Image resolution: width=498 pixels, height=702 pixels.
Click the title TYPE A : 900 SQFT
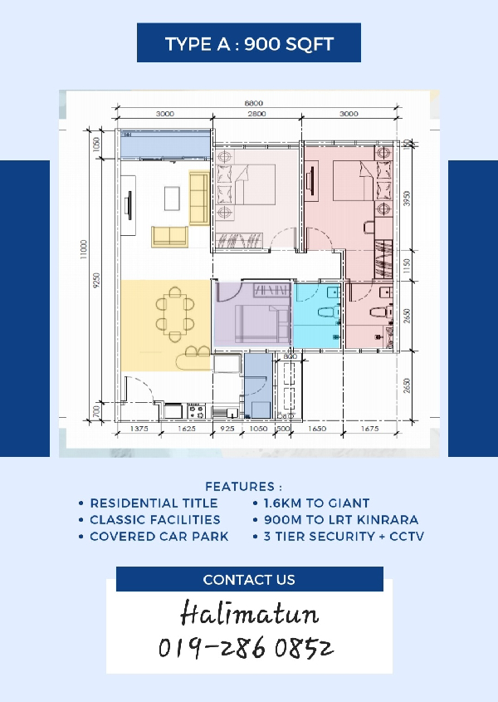pos(249,44)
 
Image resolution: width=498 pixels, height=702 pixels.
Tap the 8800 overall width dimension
pos(254,103)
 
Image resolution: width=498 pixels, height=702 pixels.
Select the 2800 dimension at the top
pos(256,114)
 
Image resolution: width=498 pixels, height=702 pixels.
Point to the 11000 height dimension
pos(84,249)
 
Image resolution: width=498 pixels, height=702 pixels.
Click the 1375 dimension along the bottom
pos(139,429)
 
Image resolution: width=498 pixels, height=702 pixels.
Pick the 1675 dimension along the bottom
pos(369,429)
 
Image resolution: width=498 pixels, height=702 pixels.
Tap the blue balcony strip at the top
pos(165,145)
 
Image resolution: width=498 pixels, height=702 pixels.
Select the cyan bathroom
pos(317,316)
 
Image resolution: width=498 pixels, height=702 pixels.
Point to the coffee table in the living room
pos(172,199)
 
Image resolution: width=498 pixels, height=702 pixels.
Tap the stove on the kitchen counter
pos(196,410)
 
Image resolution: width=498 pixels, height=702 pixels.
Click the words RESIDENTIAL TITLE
pos(154,503)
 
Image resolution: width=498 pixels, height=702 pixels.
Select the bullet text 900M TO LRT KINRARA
pos(341,520)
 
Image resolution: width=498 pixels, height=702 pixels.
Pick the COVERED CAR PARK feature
pos(159,537)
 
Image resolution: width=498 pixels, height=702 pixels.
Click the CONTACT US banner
pos(249,579)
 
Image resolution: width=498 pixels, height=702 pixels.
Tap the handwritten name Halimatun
pos(249,613)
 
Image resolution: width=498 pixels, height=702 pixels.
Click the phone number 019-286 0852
pos(246,648)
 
